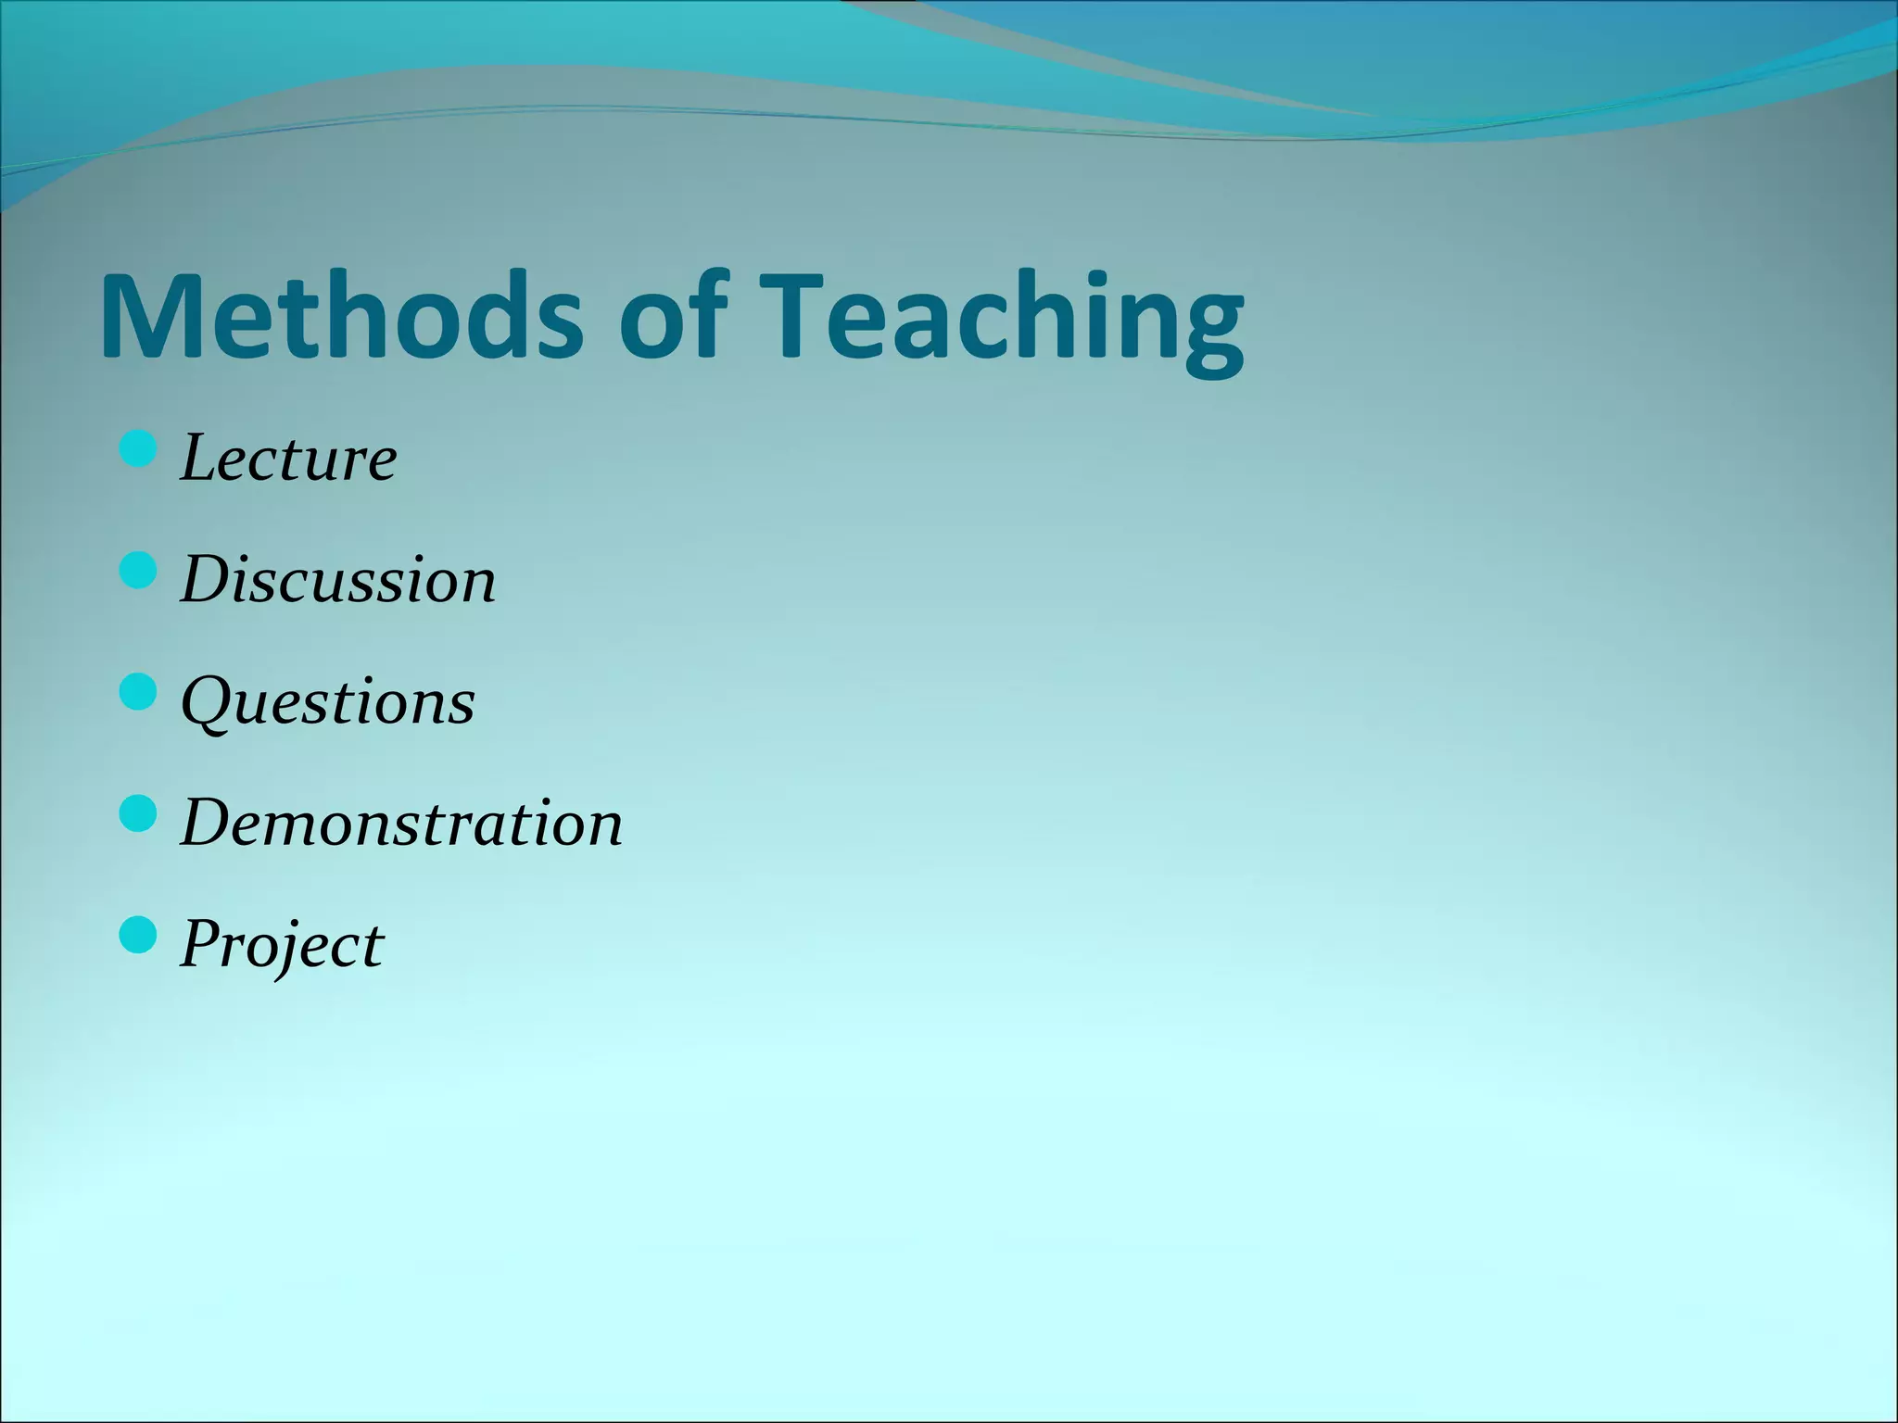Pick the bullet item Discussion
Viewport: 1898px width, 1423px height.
[x=338, y=580]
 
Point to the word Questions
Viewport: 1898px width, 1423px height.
[x=327, y=701]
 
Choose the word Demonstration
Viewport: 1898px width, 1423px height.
[x=401, y=823]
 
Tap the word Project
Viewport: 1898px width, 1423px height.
[x=282, y=944]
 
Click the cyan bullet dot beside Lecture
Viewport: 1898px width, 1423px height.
[x=138, y=450]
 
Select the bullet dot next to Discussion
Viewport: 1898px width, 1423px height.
[x=138, y=572]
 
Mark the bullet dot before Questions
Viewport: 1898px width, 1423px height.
[x=138, y=693]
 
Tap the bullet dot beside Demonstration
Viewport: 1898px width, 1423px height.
[x=138, y=814]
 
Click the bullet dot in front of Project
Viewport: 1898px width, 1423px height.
[x=138, y=936]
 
